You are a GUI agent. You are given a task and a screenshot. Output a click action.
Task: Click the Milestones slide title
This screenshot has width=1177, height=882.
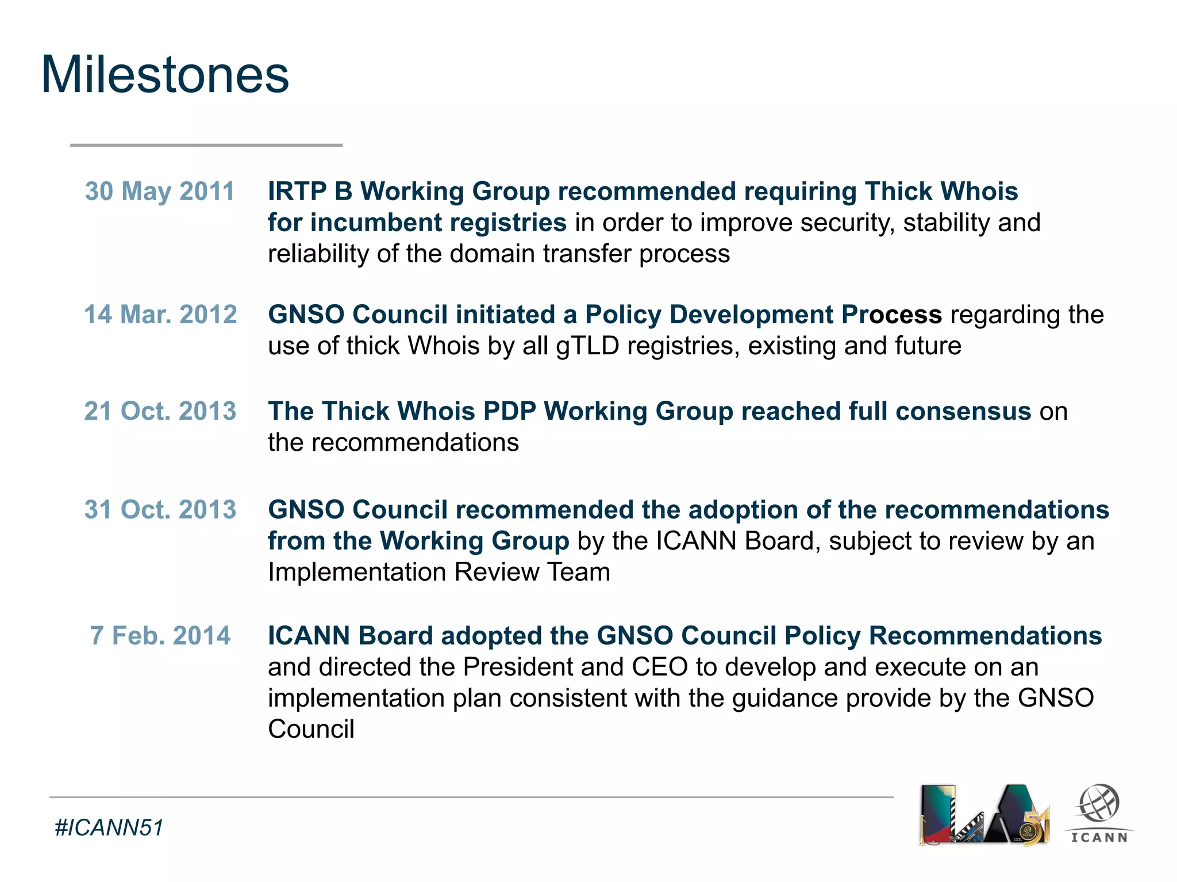point(165,75)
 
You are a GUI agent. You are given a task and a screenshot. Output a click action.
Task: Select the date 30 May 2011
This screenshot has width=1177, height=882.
point(160,191)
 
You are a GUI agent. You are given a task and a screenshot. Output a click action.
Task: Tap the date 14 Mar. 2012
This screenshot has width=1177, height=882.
point(160,315)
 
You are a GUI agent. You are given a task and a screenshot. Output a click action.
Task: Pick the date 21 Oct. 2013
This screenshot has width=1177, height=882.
point(160,411)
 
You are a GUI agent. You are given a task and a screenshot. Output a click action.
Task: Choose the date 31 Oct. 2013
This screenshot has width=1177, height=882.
point(160,509)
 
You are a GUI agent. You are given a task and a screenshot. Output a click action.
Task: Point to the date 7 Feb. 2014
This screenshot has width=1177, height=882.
point(160,635)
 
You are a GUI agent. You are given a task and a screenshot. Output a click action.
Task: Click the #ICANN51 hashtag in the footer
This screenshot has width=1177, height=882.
point(109,827)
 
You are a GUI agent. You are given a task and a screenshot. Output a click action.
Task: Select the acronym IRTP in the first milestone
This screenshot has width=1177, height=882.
point(298,191)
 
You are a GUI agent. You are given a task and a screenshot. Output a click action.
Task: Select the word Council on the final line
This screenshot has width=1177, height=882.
point(311,729)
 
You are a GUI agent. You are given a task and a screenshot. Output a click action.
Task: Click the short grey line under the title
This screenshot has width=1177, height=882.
point(206,145)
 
